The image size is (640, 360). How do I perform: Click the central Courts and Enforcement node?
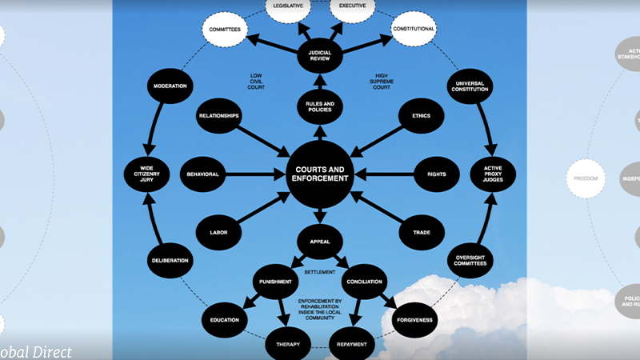pyautogui.click(x=320, y=174)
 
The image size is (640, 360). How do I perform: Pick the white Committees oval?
pyautogui.click(x=225, y=30)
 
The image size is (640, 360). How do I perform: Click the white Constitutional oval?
pyautogui.click(x=414, y=30)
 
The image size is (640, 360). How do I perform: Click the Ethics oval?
pyautogui.click(x=422, y=116)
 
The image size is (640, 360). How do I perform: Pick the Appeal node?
pyautogui.click(x=320, y=240)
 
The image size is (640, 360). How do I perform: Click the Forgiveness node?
pyautogui.click(x=414, y=320)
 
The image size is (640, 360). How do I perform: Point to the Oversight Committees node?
pyautogui.click(x=470, y=258)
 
